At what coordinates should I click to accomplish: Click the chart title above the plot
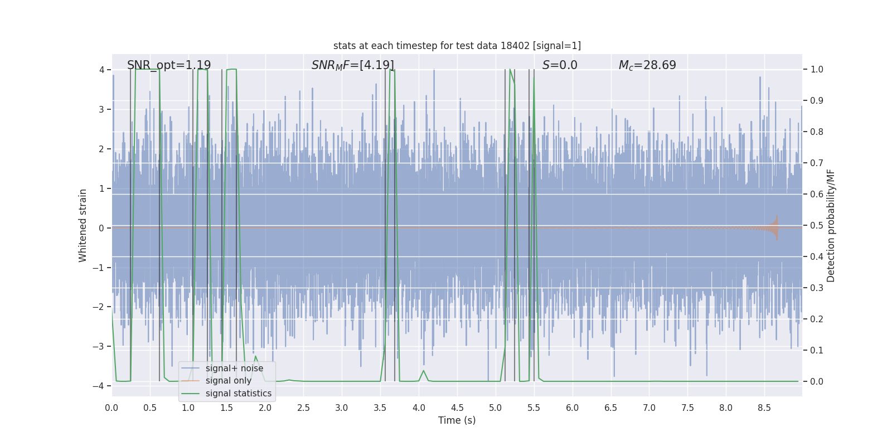coord(457,46)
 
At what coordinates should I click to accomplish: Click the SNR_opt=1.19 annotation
coord(169,65)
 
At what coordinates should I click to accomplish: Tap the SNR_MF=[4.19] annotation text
coord(352,65)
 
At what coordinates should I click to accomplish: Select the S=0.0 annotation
coord(560,65)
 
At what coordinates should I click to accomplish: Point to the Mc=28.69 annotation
coord(647,65)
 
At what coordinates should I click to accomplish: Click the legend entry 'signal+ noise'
coord(234,369)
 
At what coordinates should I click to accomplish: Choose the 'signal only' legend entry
coord(228,381)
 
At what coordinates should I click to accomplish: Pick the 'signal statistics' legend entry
coord(238,394)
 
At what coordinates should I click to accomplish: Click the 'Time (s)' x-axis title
coord(457,420)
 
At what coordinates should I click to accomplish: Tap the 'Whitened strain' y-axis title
coord(83,225)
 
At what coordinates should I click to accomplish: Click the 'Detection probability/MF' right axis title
coord(831,225)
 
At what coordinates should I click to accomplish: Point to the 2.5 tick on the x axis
coord(303,408)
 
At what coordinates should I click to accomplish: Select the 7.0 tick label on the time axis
coord(649,408)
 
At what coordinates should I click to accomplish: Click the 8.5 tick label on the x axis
coord(764,408)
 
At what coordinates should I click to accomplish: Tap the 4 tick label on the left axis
coord(101,70)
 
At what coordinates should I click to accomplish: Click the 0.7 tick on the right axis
coord(816,163)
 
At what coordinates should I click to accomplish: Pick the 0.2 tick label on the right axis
coord(816,319)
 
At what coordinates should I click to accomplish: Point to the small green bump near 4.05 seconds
coord(424,371)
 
